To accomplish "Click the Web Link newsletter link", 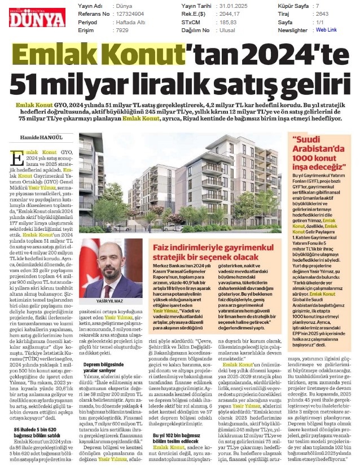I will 326,29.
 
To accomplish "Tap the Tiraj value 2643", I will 320,14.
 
